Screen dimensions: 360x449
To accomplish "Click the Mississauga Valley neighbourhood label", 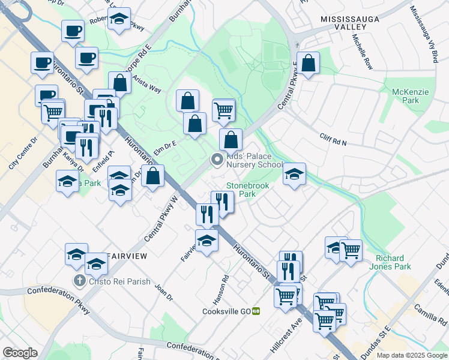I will (351, 23).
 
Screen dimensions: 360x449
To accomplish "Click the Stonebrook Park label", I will (247, 190).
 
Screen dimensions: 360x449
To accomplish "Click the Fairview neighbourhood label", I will (127, 256).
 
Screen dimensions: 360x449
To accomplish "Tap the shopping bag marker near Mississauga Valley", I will (308, 63).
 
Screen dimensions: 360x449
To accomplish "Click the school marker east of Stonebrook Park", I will (294, 174).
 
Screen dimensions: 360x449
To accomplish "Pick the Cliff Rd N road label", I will (334, 140).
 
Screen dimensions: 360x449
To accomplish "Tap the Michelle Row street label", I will (363, 52).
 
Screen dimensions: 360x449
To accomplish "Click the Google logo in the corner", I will (20, 353).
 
